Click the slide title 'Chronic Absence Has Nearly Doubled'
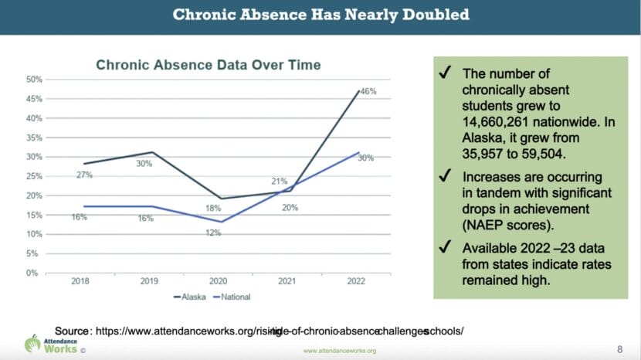320,15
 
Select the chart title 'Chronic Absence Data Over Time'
208,65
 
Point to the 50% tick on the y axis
33,80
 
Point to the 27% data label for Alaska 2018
84,175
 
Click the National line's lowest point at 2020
222,222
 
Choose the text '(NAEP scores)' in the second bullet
501,225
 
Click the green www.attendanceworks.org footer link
339,351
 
